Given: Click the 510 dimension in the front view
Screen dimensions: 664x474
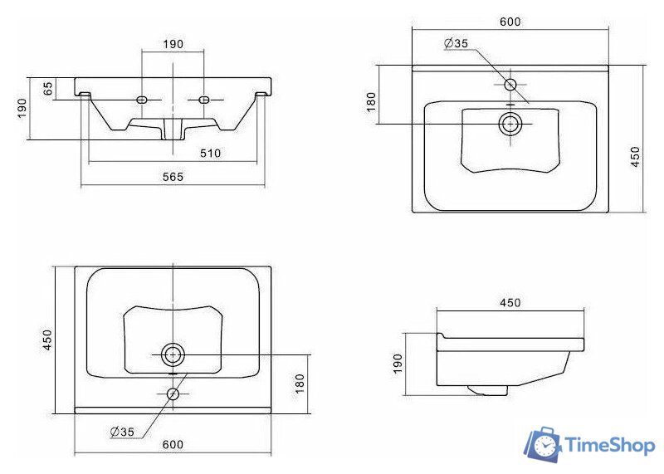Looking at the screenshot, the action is pyautogui.click(x=211, y=153).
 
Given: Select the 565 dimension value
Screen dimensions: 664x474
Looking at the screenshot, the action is pyautogui.click(x=173, y=177).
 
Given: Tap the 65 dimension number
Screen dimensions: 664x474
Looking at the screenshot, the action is pyautogui.click(x=48, y=89).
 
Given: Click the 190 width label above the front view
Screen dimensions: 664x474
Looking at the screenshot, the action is pyautogui.click(x=173, y=44).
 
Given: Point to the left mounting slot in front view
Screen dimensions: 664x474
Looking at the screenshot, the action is pyautogui.click(x=141, y=100).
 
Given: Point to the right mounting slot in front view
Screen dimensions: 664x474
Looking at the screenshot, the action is pyautogui.click(x=204, y=100).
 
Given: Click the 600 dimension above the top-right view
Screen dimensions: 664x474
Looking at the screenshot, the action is pyautogui.click(x=510, y=22).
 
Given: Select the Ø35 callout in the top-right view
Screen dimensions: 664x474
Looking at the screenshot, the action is pyautogui.click(x=456, y=43).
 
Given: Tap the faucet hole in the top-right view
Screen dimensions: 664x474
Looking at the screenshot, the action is pyautogui.click(x=510, y=85).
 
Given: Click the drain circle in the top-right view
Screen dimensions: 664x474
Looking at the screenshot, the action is pyautogui.click(x=510, y=125).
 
